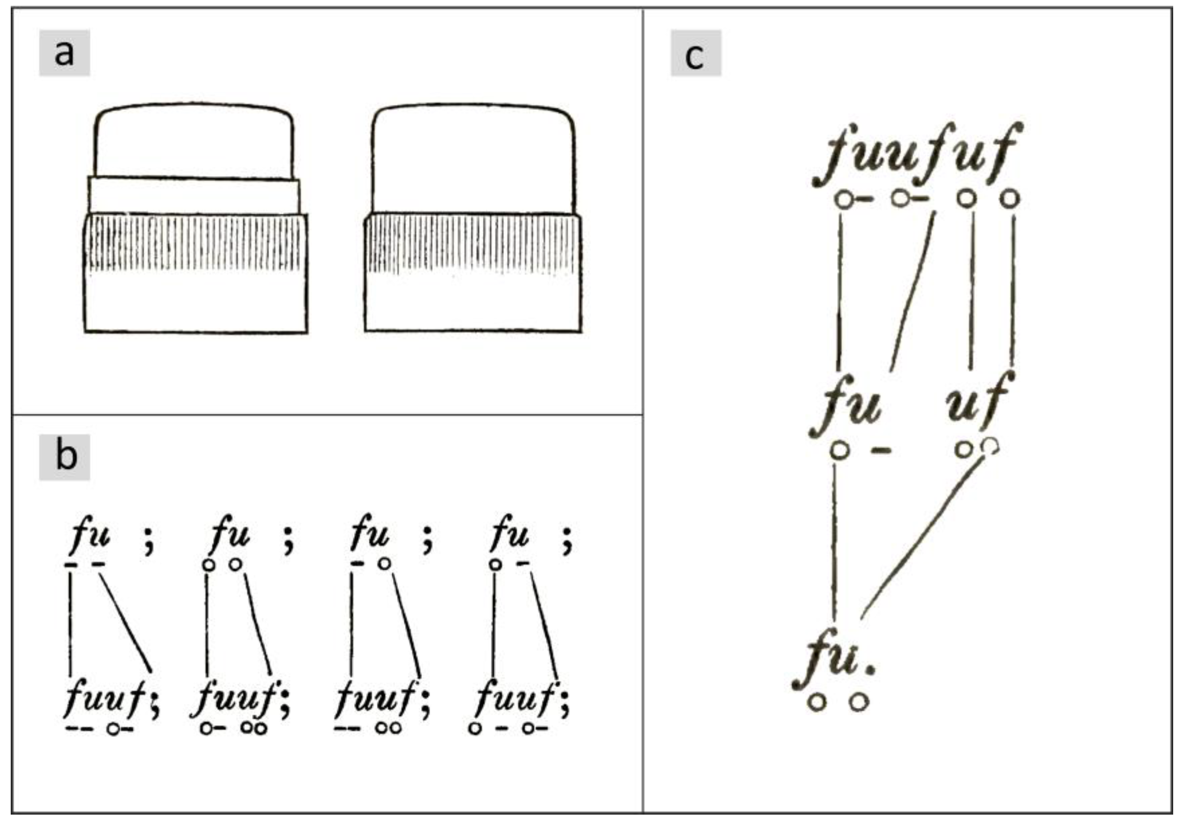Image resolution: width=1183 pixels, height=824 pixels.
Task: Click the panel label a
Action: (64, 53)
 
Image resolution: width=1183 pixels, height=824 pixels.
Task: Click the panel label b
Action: (65, 457)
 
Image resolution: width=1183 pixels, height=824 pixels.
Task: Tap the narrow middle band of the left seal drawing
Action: (193, 196)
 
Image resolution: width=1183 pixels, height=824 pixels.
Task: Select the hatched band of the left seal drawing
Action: (196, 243)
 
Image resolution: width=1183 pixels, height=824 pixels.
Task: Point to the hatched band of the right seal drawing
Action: (473, 243)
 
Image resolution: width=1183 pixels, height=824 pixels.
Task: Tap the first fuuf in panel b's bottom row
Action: (105, 698)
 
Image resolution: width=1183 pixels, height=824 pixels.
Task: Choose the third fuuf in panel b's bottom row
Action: (376, 698)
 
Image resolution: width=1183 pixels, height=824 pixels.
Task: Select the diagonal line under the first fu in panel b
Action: (125, 623)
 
